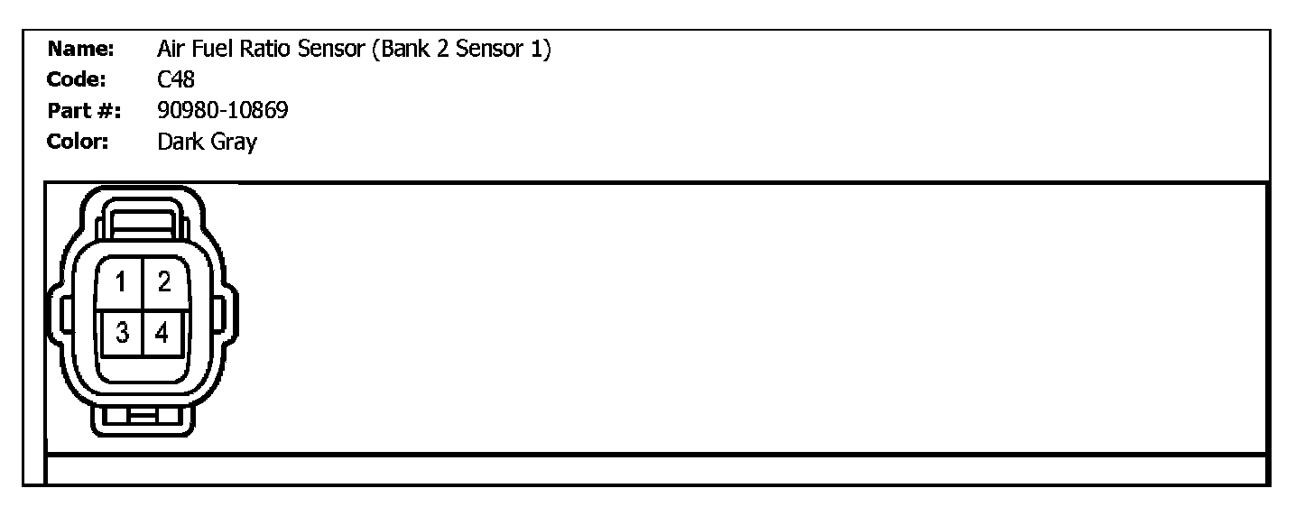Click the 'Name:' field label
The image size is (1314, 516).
[x=80, y=49]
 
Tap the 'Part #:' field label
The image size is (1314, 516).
[x=83, y=111]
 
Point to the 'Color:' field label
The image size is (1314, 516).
[x=79, y=142]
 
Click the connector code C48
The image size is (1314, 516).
[x=175, y=80]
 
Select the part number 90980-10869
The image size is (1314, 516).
[x=222, y=111]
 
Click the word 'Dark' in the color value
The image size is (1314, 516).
[x=180, y=142]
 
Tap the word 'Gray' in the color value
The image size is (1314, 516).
[x=233, y=143]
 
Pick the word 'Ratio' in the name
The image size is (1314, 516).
[x=266, y=49]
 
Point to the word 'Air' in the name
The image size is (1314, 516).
[x=170, y=49]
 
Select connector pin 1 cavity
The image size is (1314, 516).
[x=121, y=284]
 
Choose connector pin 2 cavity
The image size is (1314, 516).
[x=163, y=284]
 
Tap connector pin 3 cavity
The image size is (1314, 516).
[x=121, y=334]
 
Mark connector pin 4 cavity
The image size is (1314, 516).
[x=163, y=334]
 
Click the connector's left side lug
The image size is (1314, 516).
[x=64, y=317]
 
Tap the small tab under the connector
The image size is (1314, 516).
[x=142, y=416]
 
